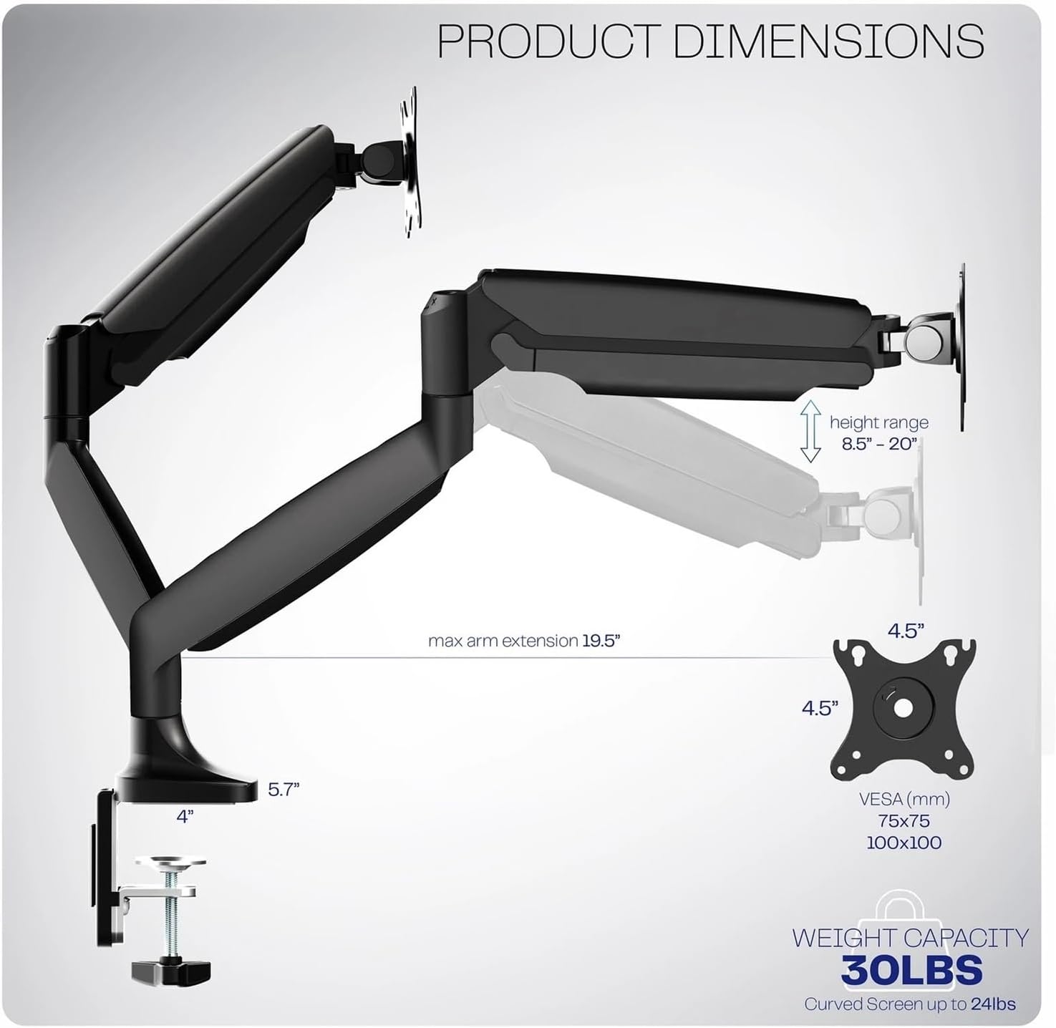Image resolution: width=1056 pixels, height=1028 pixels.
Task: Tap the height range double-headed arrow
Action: tap(810, 430)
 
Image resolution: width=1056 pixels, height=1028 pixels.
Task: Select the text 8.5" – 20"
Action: tap(879, 444)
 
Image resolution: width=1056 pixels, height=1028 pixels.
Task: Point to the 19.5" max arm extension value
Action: tap(600, 641)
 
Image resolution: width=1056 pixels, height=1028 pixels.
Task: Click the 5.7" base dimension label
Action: tap(284, 790)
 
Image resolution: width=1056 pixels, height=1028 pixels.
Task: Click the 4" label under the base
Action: tap(185, 816)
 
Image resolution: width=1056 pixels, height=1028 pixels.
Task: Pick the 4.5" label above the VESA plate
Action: tap(906, 631)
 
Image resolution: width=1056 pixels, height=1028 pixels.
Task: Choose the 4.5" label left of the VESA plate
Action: tap(820, 708)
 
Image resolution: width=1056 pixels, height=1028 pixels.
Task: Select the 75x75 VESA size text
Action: tap(904, 820)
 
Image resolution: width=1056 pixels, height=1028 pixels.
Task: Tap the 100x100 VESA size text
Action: tap(904, 843)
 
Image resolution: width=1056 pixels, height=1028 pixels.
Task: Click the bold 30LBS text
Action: tap(911, 971)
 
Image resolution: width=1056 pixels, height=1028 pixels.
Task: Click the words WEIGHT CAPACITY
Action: tap(910, 938)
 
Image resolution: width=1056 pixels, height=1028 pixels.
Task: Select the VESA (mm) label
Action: tap(904, 798)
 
